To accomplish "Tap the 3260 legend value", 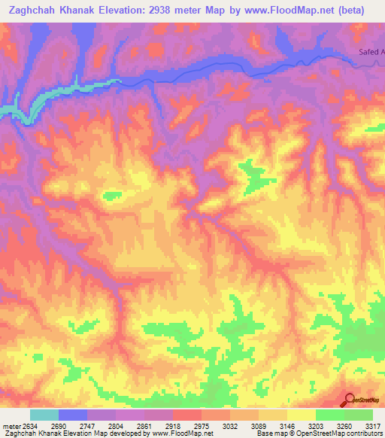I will click(344, 426).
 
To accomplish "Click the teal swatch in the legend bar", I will click(44, 415).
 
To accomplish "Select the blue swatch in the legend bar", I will click(73, 415).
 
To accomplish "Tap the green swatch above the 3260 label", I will click(330, 415).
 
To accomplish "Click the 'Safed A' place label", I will click(370, 52).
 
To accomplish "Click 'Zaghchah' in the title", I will click(35, 11).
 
